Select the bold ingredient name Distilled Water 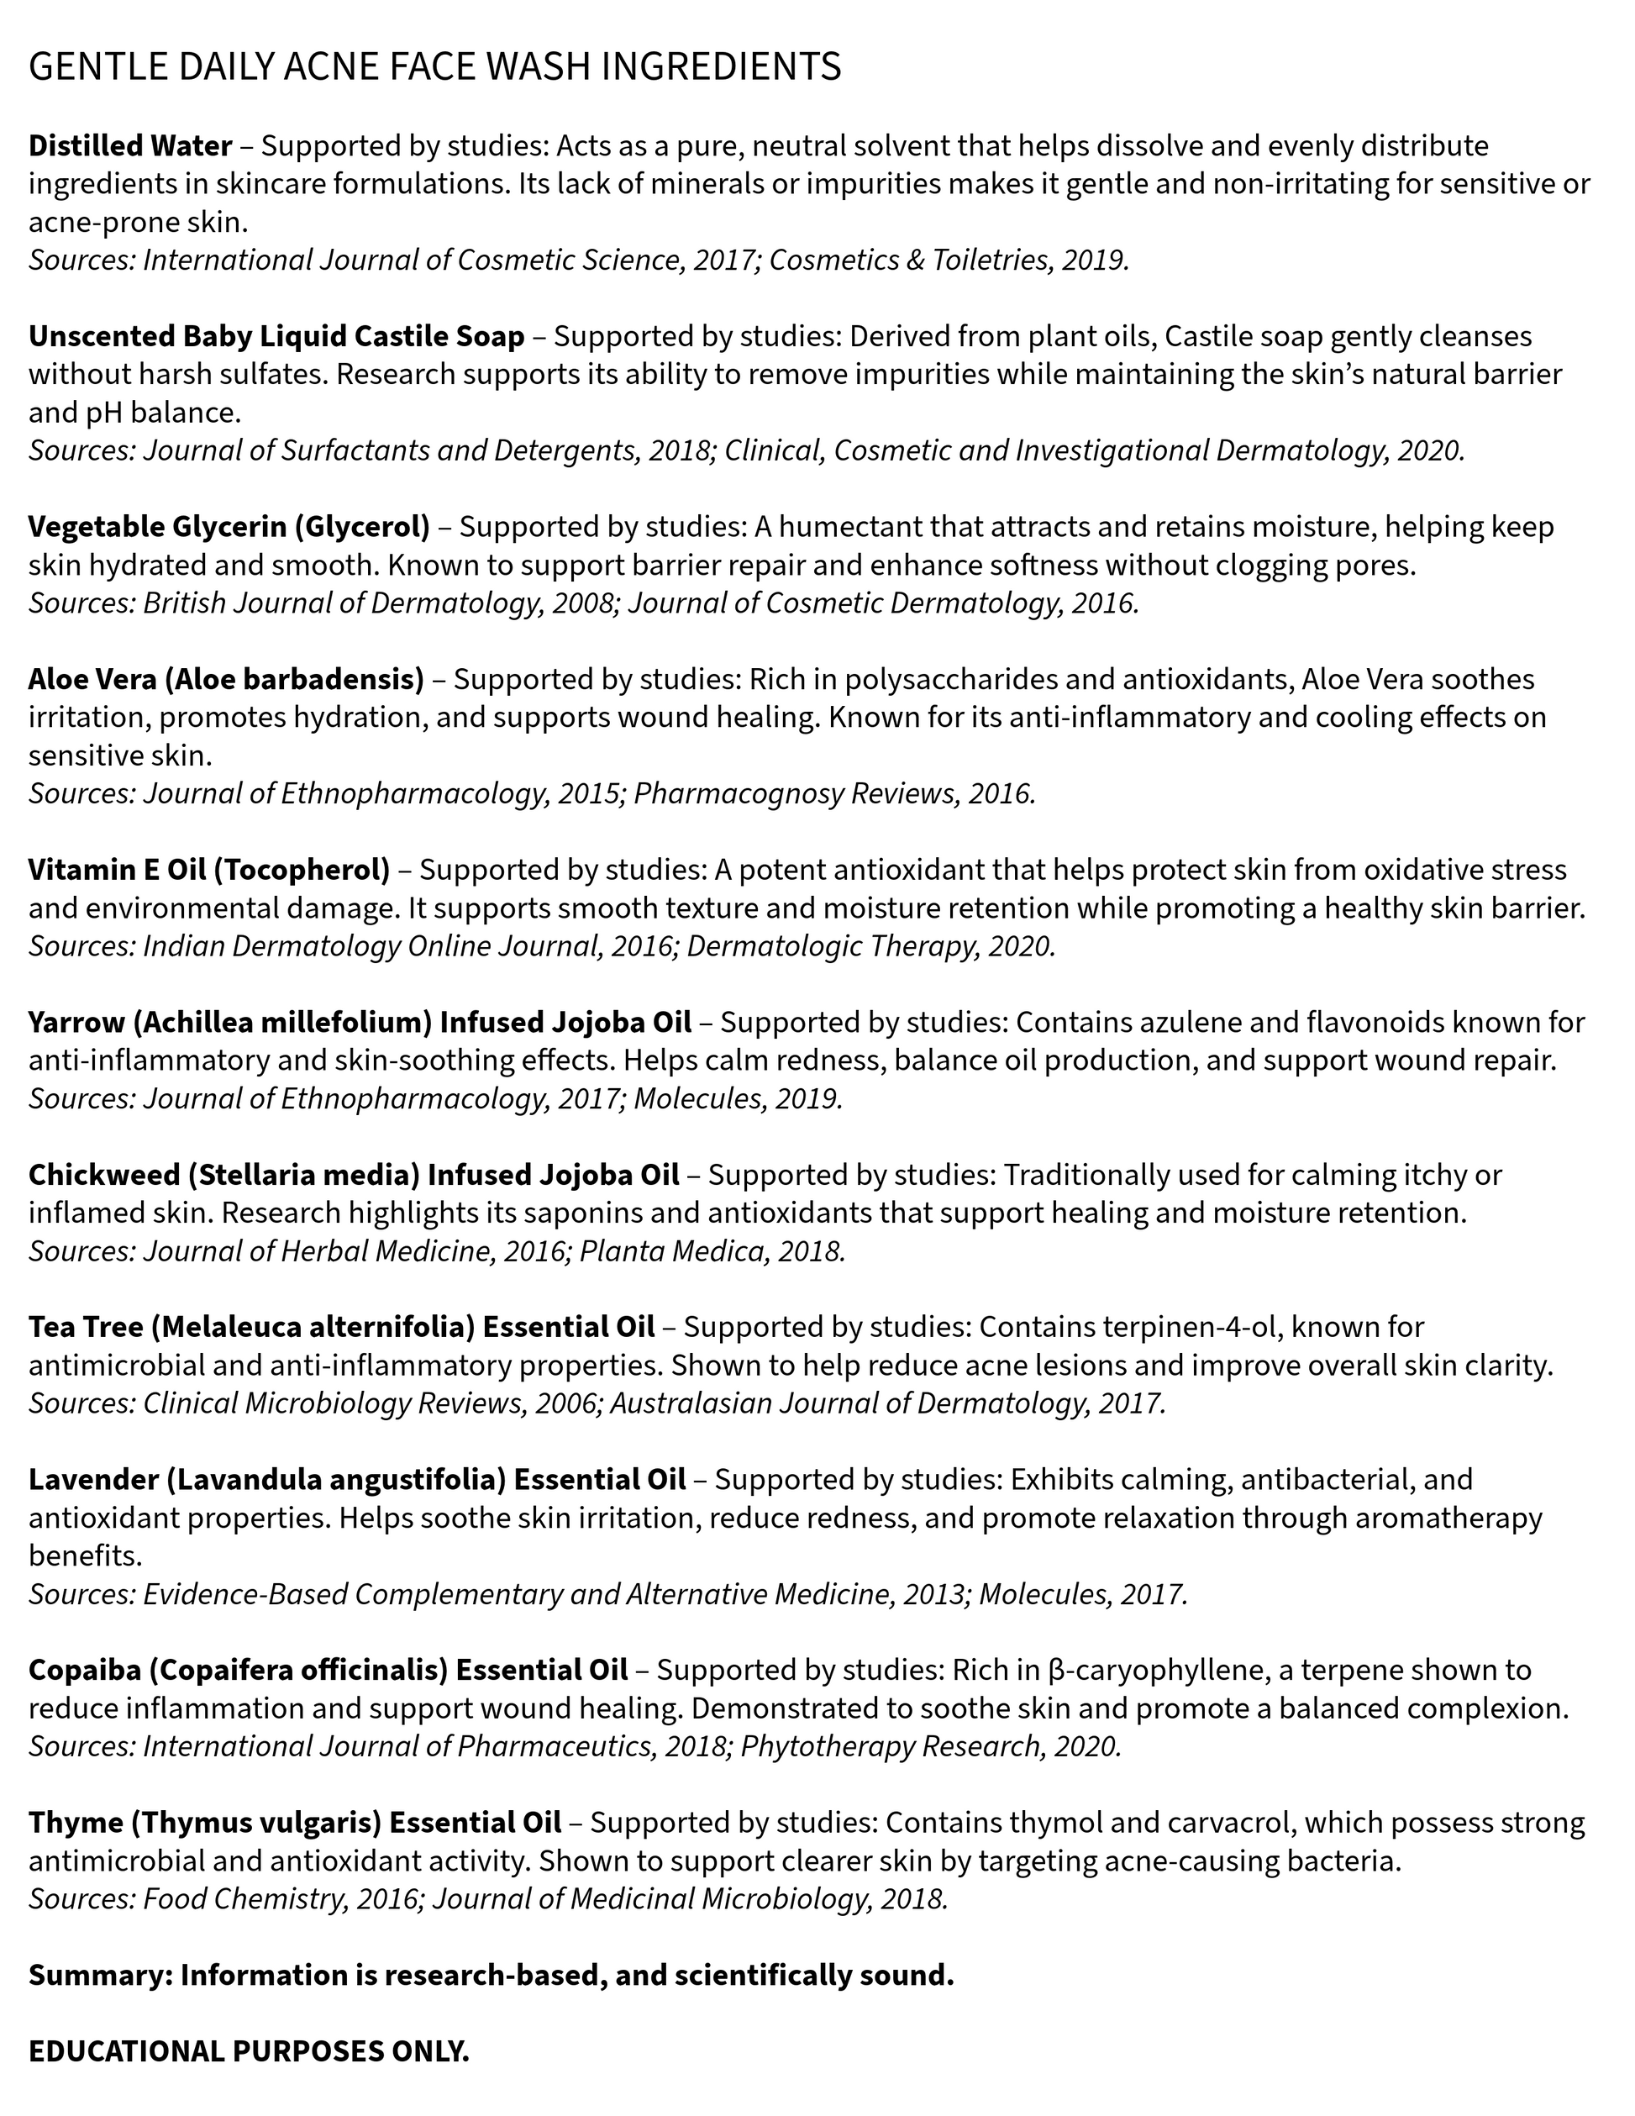[129, 146]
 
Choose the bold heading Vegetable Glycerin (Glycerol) [229, 527]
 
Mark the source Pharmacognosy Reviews [793, 794]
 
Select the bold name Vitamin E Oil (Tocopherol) [208, 870]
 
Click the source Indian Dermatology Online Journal [372, 946]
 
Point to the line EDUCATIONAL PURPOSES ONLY [248, 2052]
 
